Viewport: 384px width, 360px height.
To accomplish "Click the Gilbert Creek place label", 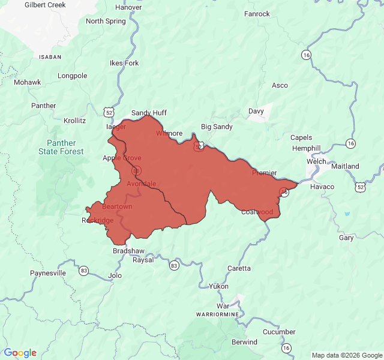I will pos(45,5).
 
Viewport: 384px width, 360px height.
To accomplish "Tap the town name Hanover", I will pos(128,8).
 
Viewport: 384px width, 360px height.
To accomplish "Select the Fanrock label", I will pos(257,14).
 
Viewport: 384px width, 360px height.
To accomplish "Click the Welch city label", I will pos(316,161).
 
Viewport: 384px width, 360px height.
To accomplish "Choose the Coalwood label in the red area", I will pos(257,212).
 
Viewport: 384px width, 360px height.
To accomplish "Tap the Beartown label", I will pos(117,206).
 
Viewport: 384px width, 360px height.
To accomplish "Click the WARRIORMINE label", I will pos(217,314).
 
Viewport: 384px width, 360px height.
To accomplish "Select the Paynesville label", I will pos(48,273).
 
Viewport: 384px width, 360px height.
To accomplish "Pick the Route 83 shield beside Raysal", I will pos(174,265).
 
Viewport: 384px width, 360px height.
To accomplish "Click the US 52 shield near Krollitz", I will pos(108,112).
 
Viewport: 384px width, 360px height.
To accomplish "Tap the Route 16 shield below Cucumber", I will pos(287,348).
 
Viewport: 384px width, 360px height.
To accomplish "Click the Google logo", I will pos(20,353).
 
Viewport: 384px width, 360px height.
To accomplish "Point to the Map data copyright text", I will pos(346,355).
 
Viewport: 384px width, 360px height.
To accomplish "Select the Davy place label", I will pos(256,111).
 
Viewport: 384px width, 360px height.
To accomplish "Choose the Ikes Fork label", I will pos(124,63).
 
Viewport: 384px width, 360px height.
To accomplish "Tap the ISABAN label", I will pos(50,56).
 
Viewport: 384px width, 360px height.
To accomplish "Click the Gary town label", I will pos(346,238).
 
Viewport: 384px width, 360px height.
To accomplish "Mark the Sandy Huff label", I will pos(149,112).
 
